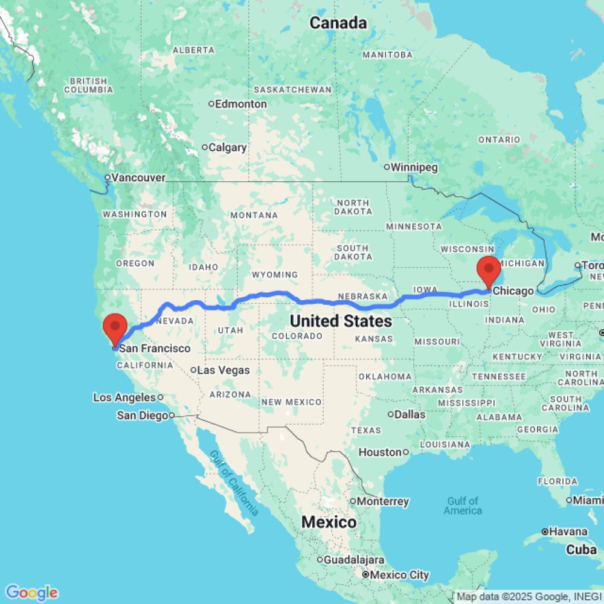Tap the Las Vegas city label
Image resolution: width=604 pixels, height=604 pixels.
223,370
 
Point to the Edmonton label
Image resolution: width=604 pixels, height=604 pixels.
241,104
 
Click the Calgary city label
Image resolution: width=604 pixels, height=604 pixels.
230,147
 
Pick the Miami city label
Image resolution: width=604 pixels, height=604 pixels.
588,500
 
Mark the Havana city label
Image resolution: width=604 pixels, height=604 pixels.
567,532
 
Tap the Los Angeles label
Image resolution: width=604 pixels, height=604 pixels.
124,397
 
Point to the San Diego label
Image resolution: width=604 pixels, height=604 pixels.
142,415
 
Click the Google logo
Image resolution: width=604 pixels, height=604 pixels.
31,593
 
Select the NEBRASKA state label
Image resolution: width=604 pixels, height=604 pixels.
362,297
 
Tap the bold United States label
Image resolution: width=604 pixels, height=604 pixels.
341,321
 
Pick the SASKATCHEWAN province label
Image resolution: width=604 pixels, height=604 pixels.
292,89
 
